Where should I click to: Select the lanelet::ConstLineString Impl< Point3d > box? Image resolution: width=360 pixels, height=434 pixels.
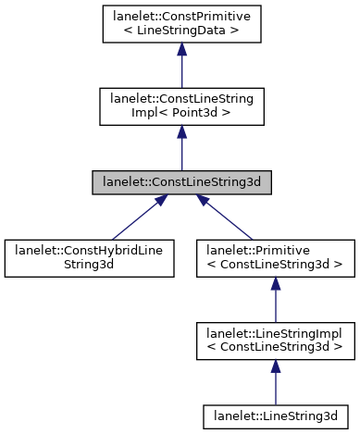coord(180,106)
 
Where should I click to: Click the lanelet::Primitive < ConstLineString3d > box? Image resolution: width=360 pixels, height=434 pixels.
coord(275,256)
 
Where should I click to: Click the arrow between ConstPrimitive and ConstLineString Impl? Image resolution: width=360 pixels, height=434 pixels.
coord(180,69)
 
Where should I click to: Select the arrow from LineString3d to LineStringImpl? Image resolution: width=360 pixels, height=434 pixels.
coord(275,378)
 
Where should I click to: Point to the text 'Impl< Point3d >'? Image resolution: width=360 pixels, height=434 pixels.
coord(180,114)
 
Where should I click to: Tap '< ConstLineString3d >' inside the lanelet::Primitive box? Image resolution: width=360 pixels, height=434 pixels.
coord(275,264)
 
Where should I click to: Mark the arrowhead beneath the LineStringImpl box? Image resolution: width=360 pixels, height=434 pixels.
coord(275,366)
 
